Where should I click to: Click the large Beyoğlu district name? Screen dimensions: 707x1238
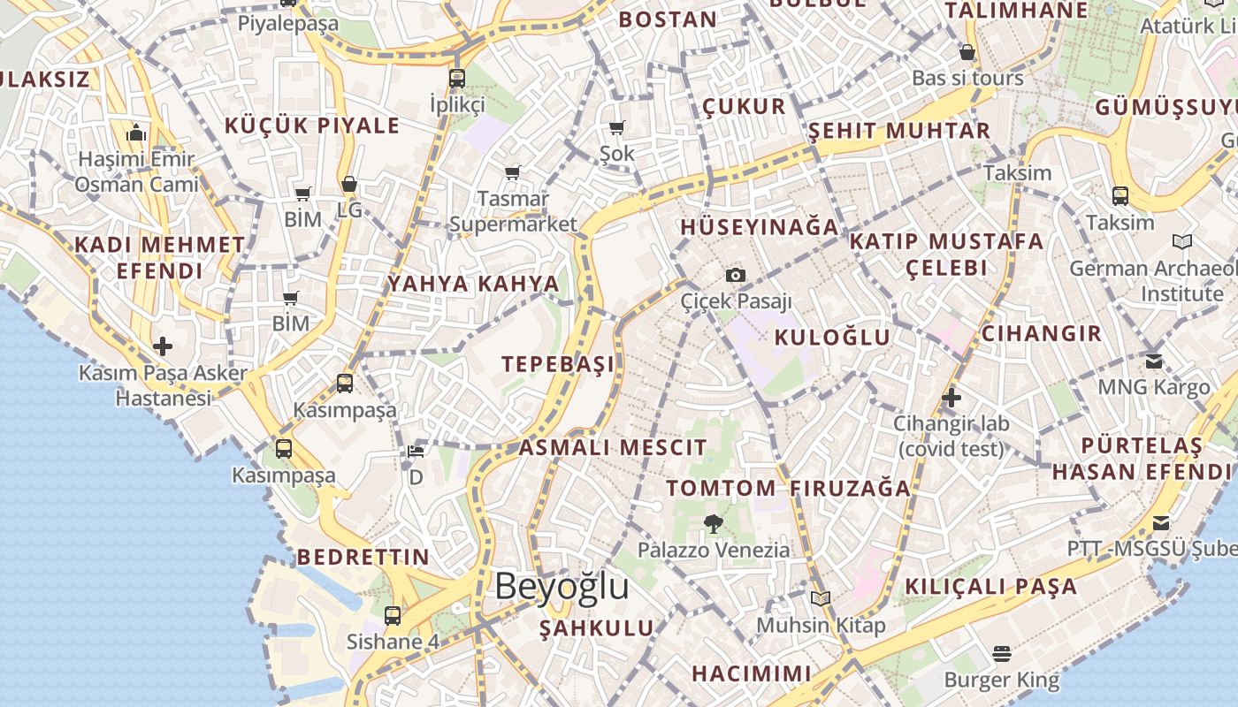pos(562,586)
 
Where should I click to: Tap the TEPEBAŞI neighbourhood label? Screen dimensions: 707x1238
pos(558,364)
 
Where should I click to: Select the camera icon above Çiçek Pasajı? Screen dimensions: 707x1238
pos(735,275)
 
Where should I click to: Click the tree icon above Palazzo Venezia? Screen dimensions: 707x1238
pos(713,523)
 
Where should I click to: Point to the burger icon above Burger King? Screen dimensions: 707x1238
pos(1001,654)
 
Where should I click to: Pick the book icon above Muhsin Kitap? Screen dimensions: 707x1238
pos(821,598)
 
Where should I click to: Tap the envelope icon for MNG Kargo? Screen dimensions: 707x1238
pos(1153,361)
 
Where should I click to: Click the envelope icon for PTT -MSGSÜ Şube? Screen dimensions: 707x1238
pos(1160,522)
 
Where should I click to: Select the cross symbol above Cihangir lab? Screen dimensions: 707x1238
pos(951,397)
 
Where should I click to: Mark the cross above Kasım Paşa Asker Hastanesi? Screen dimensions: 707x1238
pos(163,346)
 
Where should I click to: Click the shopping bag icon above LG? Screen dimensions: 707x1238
pos(349,185)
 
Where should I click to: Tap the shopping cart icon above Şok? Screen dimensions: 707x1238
pos(617,127)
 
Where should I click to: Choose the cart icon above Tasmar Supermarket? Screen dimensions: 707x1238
pos(512,172)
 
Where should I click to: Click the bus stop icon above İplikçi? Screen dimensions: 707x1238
pos(456,78)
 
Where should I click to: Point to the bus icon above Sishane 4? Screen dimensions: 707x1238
pos(393,615)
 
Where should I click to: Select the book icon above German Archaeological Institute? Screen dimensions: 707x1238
pos(1181,241)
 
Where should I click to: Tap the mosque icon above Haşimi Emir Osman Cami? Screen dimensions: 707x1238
pos(136,133)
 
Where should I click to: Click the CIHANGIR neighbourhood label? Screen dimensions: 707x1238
pos(1042,333)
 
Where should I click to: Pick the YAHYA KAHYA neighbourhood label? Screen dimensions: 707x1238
pos(473,284)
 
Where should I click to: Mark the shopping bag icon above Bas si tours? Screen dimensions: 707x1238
pos(967,52)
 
